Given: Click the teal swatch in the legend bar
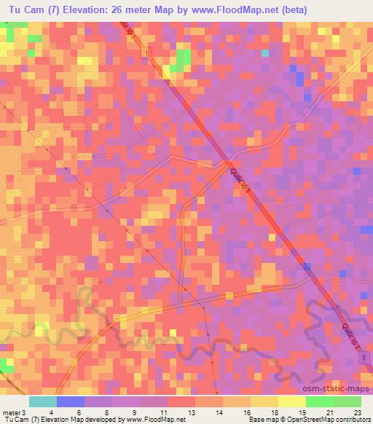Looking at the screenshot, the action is [x=42, y=401].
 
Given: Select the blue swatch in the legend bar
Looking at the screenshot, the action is [x=70, y=401].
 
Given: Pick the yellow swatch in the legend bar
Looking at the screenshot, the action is [x=291, y=401].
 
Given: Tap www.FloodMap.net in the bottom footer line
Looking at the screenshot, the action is [x=152, y=419].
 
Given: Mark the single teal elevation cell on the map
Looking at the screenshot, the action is [x=265, y=53].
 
